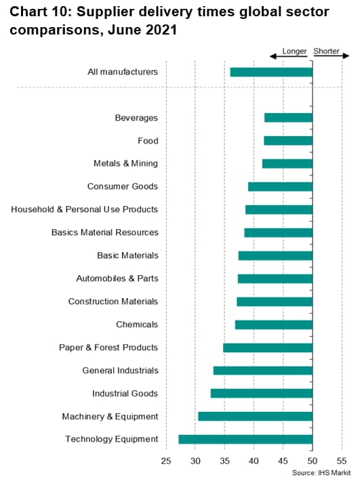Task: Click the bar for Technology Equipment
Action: click(x=245, y=439)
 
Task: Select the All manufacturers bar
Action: click(x=271, y=72)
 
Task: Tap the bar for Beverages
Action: click(x=289, y=118)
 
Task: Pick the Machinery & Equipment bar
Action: click(x=255, y=417)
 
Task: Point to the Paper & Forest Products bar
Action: click(x=268, y=348)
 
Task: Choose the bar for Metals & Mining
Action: click(x=287, y=163)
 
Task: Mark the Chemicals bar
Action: click(x=274, y=324)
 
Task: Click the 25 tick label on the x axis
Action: click(x=166, y=461)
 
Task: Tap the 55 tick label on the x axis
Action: click(x=342, y=461)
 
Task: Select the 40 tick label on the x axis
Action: click(x=254, y=461)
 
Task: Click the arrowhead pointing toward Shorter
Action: click(x=346, y=56)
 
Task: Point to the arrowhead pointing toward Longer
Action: click(x=273, y=56)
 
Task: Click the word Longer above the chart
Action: click(x=294, y=51)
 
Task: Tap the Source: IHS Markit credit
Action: click(x=321, y=473)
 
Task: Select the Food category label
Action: click(x=148, y=141)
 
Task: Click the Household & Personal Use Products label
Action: click(x=85, y=209)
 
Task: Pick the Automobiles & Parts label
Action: click(x=117, y=278)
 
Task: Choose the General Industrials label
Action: click(x=120, y=371)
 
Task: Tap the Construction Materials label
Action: click(x=113, y=301)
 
